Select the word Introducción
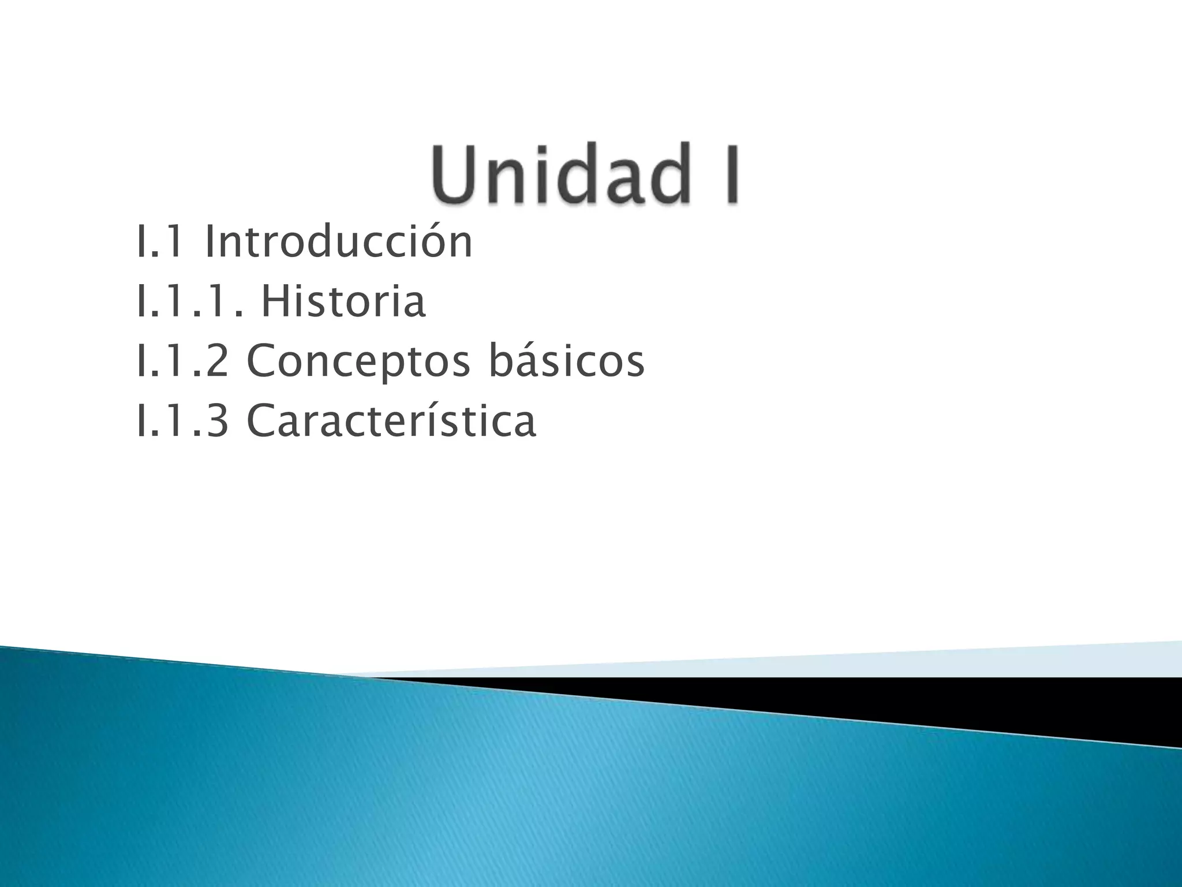[338, 242]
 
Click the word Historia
[343, 301]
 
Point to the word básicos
[566, 361]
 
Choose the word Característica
[391, 420]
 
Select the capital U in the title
[454, 174]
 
